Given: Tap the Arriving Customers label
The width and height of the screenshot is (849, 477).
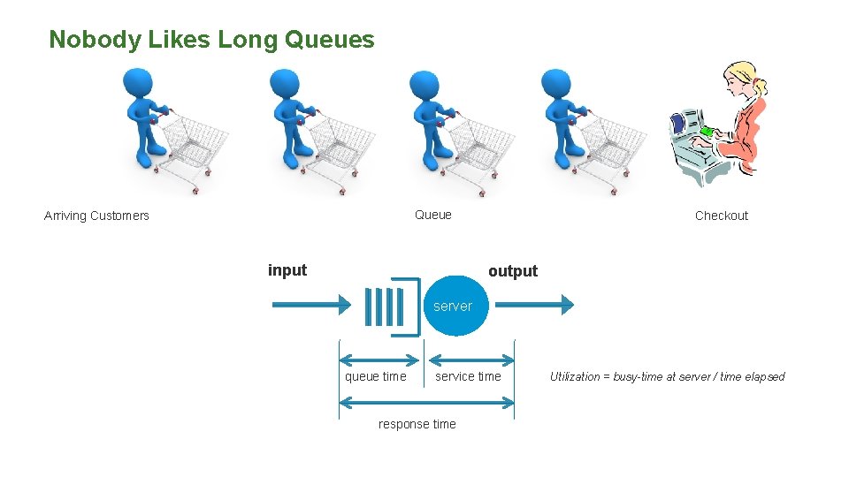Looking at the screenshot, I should pyautogui.click(x=96, y=216).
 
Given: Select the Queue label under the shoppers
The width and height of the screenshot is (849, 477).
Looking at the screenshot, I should pyautogui.click(x=432, y=215).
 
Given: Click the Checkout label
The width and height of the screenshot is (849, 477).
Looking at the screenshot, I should pyautogui.click(x=721, y=216).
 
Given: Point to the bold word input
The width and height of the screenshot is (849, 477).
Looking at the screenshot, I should pyautogui.click(x=287, y=270).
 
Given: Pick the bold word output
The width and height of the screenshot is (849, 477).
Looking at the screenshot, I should pyautogui.click(x=513, y=271).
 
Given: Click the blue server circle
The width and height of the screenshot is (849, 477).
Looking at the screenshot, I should pyautogui.click(x=459, y=306).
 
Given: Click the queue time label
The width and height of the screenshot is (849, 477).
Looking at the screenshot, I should pyautogui.click(x=375, y=377).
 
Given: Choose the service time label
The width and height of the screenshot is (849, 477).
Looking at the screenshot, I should pyautogui.click(x=468, y=377).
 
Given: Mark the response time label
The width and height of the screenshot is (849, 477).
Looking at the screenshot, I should pyautogui.click(x=417, y=424).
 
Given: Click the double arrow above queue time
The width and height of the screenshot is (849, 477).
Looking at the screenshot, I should pyautogui.click(x=379, y=360).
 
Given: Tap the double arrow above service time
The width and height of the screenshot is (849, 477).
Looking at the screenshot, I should pyautogui.click(x=470, y=360).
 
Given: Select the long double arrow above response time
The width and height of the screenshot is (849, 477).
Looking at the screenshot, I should pyautogui.click(x=426, y=403).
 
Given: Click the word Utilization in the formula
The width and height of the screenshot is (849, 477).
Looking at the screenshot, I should pyautogui.click(x=574, y=377).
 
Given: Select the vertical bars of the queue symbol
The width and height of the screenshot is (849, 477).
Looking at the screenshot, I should pyautogui.click(x=386, y=307).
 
